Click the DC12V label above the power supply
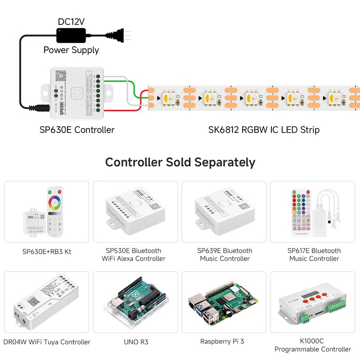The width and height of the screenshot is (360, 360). pyautogui.click(x=71, y=21)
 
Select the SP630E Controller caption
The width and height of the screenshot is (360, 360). pyautogui.click(x=76, y=130)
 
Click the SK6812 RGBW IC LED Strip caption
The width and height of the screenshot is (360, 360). pyautogui.click(x=264, y=130)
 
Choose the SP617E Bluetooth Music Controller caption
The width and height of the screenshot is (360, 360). pyautogui.click(x=314, y=255)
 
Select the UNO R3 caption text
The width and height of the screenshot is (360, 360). pyautogui.click(x=136, y=342)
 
